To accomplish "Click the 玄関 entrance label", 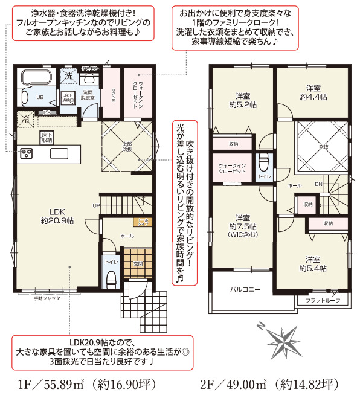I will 137,265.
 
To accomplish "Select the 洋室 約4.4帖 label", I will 312,92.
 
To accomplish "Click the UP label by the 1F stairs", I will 95,205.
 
